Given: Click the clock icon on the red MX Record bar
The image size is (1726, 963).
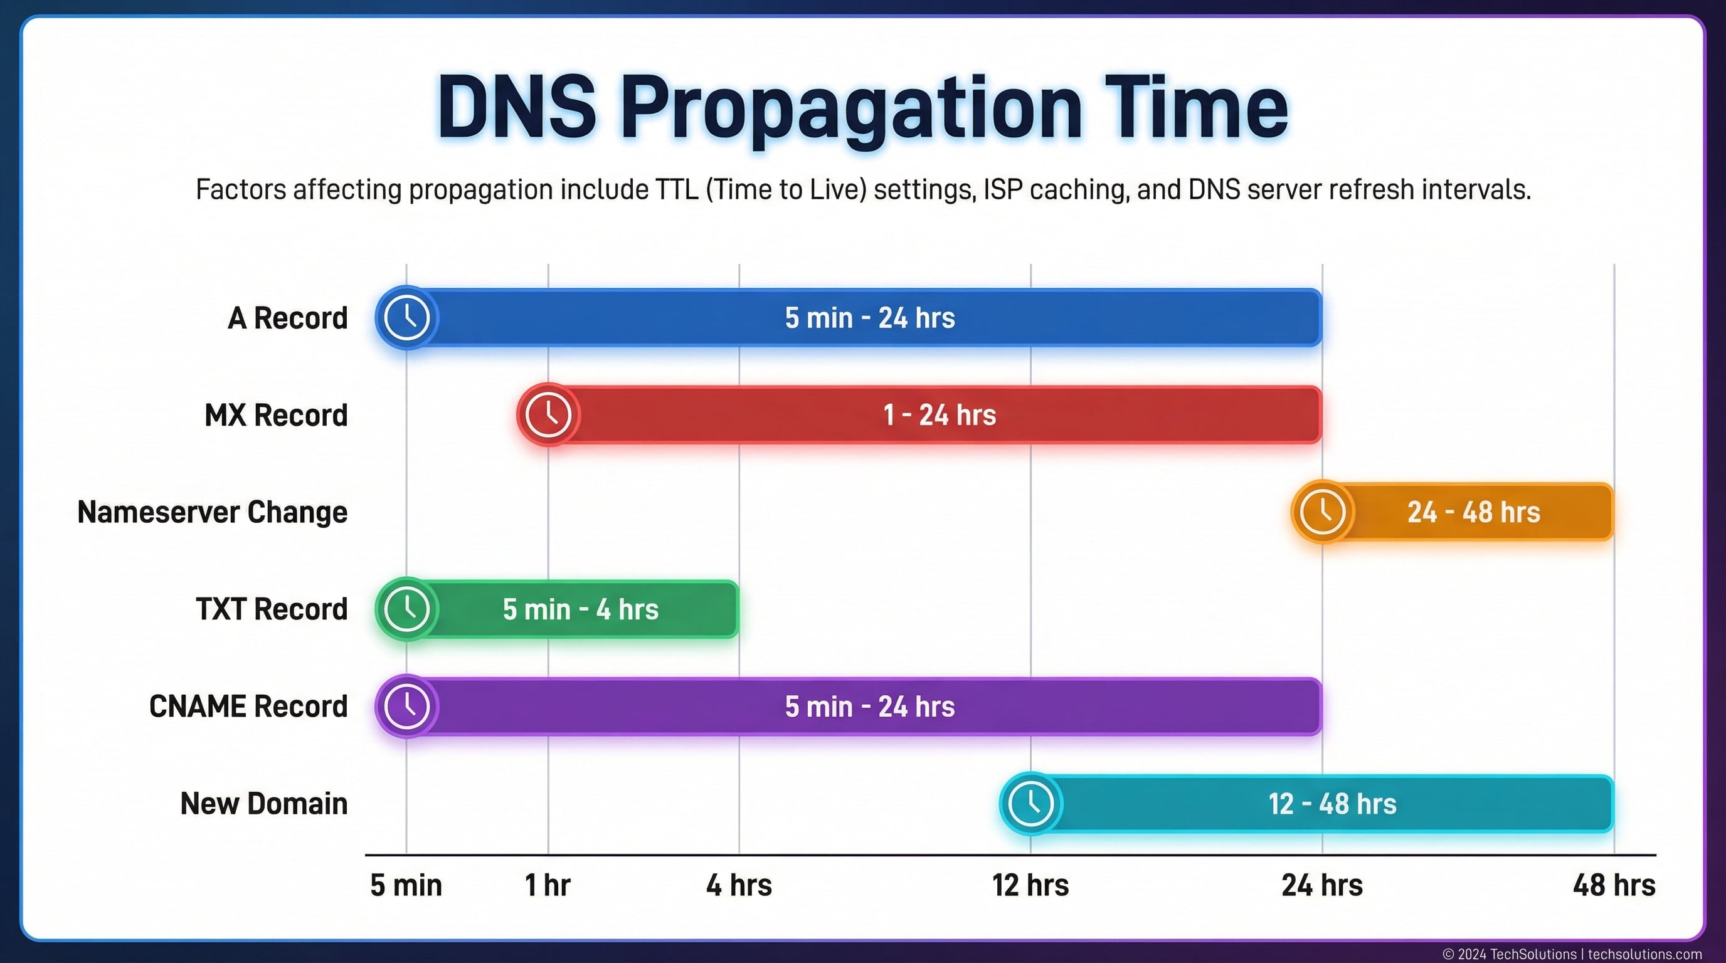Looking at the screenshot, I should (x=548, y=414).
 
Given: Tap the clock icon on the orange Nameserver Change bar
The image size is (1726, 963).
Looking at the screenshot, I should (x=1323, y=512).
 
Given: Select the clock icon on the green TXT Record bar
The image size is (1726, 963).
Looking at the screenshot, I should (x=406, y=609).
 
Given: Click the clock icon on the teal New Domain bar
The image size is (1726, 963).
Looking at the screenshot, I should (x=1031, y=803).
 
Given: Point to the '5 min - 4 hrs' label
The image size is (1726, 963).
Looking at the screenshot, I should (x=580, y=609).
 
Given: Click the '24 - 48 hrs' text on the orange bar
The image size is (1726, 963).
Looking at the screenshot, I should (x=1473, y=512).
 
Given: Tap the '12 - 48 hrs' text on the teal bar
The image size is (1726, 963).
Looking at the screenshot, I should (x=1332, y=804).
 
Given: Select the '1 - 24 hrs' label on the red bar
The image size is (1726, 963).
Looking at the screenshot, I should (x=940, y=415).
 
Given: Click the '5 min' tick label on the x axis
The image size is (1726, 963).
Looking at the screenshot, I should (x=406, y=885).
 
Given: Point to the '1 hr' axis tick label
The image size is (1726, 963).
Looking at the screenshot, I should (x=548, y=885).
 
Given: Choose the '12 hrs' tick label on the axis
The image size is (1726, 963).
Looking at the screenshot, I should (x=1030, y=885).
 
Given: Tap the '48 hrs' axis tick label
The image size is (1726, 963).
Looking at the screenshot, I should (x=1614, y=885).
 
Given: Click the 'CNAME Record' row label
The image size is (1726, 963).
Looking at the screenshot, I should (x=248, y=707).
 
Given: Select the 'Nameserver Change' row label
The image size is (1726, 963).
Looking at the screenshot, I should (x=213, y=512).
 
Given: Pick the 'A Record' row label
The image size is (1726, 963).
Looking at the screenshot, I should (x=287, y=318).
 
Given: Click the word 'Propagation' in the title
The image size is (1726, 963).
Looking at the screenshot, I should (x=851, y=108).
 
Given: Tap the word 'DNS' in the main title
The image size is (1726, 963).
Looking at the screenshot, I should (x=517, y=108).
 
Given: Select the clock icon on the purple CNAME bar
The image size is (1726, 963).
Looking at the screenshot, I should (x=406, y=706).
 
